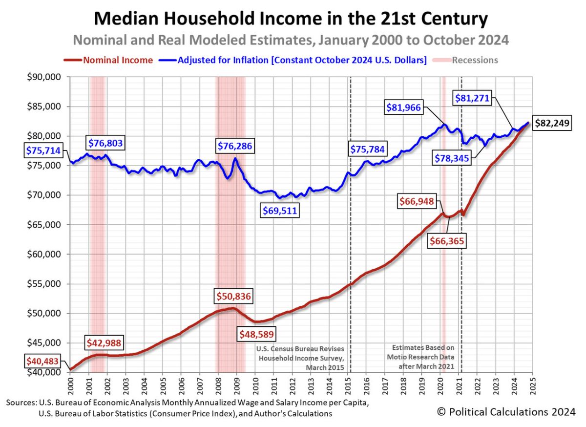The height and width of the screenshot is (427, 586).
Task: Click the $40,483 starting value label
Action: coord(43,362)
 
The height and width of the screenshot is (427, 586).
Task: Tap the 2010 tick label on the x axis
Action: coord(255,385)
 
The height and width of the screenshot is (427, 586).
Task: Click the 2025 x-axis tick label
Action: coord(532,385)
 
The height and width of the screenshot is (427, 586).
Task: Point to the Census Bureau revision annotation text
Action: coord(300,358)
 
